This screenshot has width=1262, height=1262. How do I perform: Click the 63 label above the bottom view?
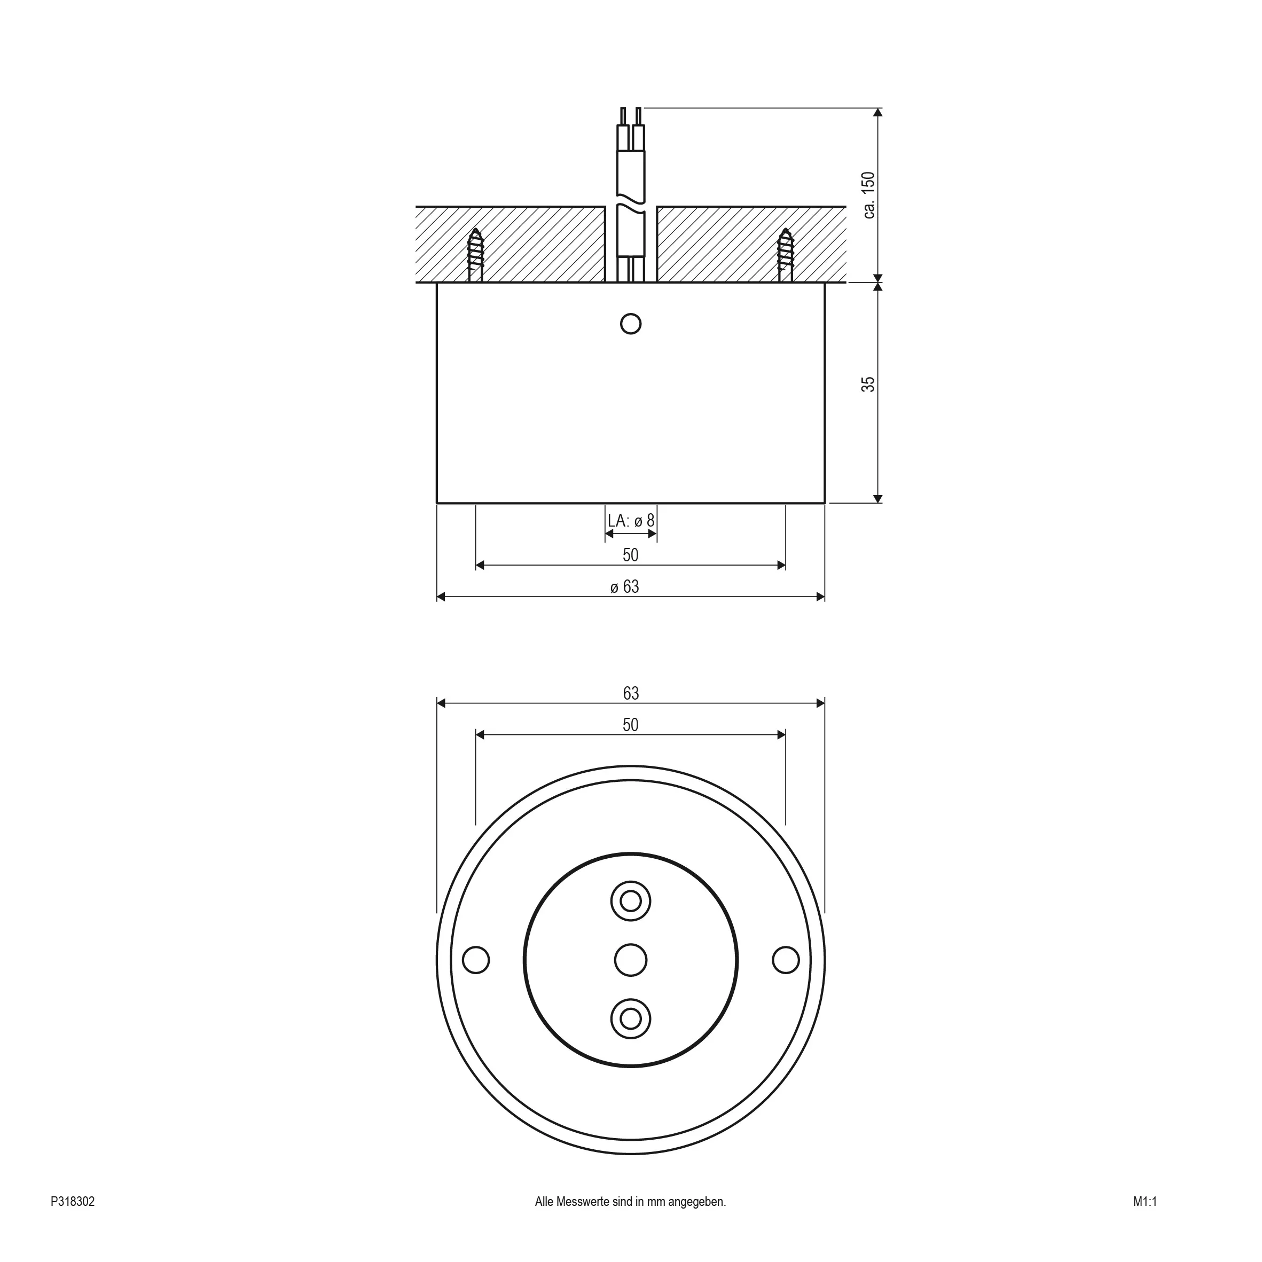coord(630,693)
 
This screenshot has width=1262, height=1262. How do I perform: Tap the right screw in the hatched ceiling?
coord(786,255)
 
